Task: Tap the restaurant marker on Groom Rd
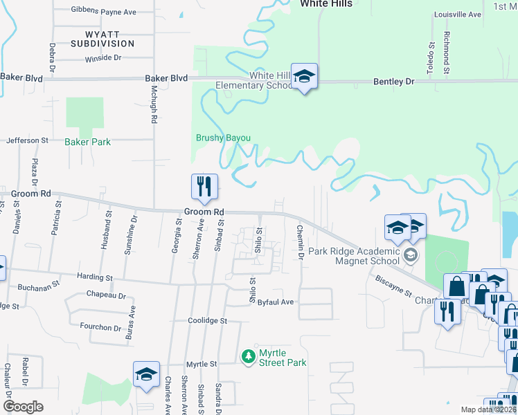pos(204,185)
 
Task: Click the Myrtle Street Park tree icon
pos(248,357)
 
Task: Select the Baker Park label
pos(87,142)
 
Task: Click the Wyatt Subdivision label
pos(102,38)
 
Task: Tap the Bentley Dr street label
pos(393,82)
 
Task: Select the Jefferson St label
pos(28,140)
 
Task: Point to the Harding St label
pos(95,277)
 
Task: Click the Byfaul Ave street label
pos(276,302)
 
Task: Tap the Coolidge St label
pos(207,321)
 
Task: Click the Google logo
pos(23,407)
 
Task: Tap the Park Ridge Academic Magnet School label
pos(354,256)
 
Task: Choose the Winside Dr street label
pos(102,58)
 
